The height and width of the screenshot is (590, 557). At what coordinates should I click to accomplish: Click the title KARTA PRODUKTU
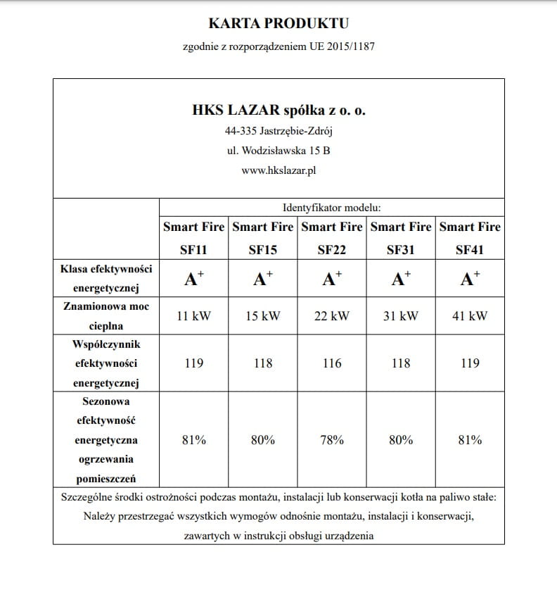[278, 24]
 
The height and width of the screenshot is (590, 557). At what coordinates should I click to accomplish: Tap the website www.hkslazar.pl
[278, 170]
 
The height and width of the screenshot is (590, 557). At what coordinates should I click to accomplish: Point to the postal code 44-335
[239, 131]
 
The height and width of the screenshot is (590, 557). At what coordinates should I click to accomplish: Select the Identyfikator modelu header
[331, 208]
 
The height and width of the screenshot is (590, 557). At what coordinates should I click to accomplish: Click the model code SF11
[193, 249]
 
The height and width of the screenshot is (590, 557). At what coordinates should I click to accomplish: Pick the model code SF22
[331, 249]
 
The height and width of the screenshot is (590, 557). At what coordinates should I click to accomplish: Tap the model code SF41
[470, 249]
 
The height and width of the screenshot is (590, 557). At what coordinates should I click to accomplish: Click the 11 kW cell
[193, 316]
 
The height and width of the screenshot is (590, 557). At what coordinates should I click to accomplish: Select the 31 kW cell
[401, 316]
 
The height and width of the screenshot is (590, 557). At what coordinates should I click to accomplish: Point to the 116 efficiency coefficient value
[331, 363]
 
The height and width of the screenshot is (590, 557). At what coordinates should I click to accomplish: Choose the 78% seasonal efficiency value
[331, 440]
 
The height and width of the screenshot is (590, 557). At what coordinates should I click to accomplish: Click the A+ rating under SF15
[262, 279]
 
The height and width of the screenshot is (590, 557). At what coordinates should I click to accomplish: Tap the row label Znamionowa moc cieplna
[105, 316]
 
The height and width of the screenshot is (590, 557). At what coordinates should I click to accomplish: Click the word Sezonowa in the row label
[105, 401]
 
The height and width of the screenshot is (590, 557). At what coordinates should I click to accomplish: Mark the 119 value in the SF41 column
[470, 363]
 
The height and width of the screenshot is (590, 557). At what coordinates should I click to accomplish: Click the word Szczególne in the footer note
[87, 498]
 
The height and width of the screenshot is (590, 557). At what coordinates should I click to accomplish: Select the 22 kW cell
[331, 316]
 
